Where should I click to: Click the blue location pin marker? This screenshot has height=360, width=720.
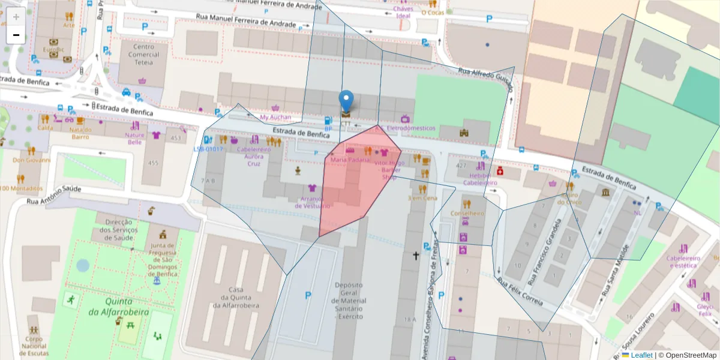[x=346, y=100]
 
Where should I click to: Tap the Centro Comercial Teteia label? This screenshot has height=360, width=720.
[x=143, y=55]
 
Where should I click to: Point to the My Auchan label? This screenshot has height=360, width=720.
[x=275, y=117]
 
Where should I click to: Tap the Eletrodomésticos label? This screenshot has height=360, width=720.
[x=410, y=128]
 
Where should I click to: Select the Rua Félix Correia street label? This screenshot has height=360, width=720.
[x=520, y=292]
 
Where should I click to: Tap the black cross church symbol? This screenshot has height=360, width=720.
[x=415, y=256]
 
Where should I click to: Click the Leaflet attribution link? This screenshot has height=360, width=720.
[x=641, y=355]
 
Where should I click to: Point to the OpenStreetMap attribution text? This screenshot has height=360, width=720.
[x=687, y=355]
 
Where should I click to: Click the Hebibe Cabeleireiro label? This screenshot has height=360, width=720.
[x=480, y=178]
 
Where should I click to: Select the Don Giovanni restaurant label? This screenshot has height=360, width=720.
[x=31, y=160]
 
